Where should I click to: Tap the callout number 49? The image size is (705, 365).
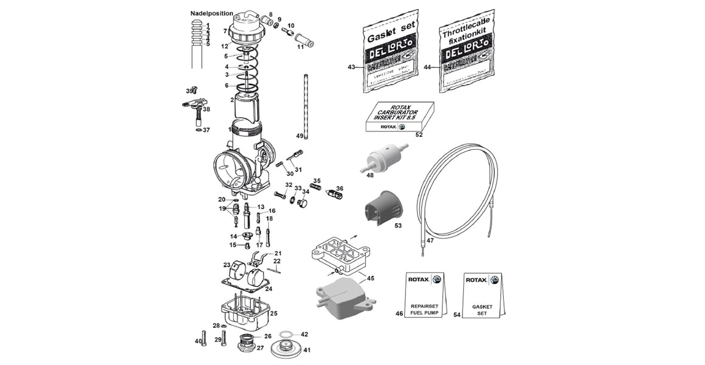point(300,135)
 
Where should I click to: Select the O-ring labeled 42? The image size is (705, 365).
point(287,334)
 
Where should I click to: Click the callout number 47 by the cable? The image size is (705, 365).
point(430,240)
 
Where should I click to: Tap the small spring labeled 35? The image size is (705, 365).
point(315,187)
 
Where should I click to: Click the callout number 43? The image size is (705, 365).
point(351,66)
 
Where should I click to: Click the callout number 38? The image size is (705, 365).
point(207,109)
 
